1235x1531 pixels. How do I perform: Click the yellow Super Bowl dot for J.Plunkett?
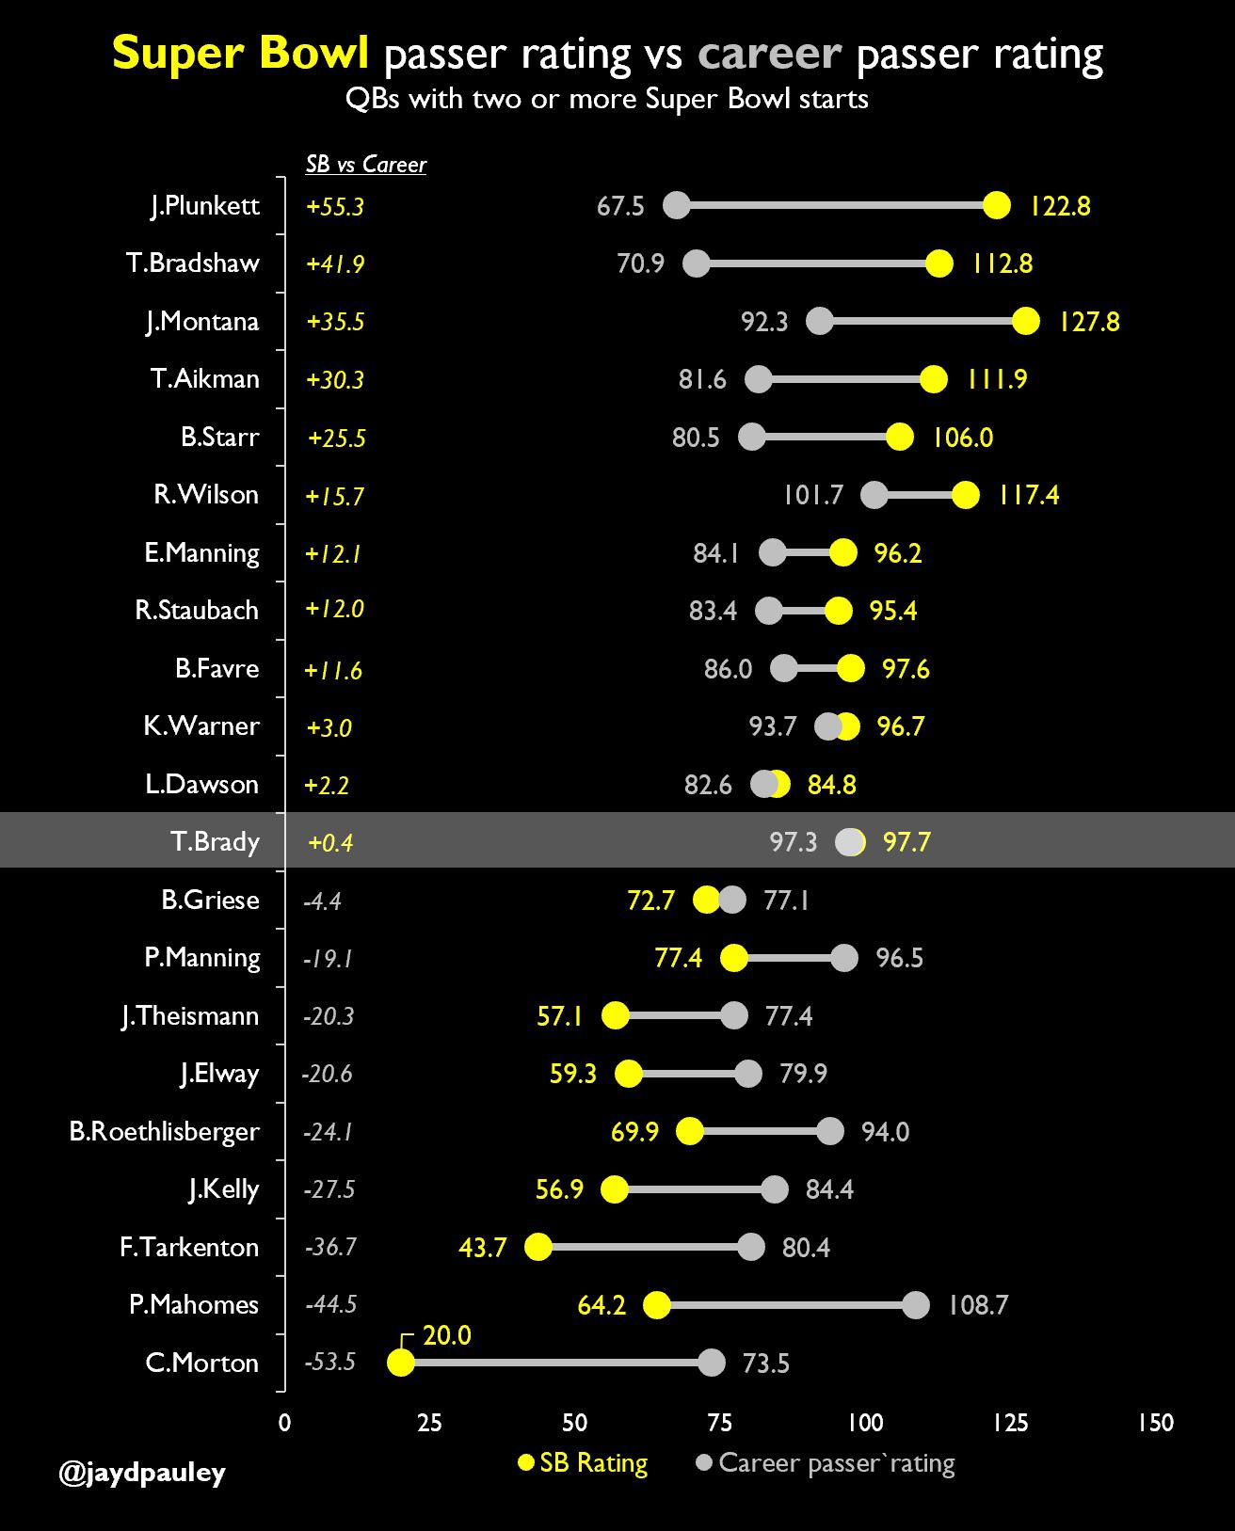point(996,205)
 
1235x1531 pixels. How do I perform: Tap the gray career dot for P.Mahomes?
point(915,1305)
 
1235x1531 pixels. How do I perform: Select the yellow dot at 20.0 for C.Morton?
point(401,1363)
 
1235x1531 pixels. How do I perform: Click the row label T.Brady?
point(215,841)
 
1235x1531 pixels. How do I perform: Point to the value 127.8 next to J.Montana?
point(1089,322)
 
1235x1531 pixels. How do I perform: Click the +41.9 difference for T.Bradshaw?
point(335,264)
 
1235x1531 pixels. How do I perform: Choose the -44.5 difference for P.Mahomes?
point(330,1305)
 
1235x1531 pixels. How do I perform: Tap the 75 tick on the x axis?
point(719,1423)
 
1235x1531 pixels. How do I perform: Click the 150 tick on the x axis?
point(1155,1423)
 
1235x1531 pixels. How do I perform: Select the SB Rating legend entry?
point(584,1463)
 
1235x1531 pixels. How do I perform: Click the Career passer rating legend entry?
point(826,1463)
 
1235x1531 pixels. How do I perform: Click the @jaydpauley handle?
point(142,1472)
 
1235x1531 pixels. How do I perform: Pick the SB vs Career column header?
point(366,165)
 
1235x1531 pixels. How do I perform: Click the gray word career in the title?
point(769,54)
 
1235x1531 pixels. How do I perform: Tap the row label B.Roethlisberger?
point(164,1131)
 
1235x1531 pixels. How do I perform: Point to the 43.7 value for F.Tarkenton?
point(483,1248)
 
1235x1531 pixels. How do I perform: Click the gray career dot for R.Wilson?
point(874,495)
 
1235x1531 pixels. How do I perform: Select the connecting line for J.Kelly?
point(694,1189)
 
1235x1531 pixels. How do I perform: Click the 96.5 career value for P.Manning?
point(899,959)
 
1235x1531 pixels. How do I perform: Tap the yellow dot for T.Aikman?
point(933,379)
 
